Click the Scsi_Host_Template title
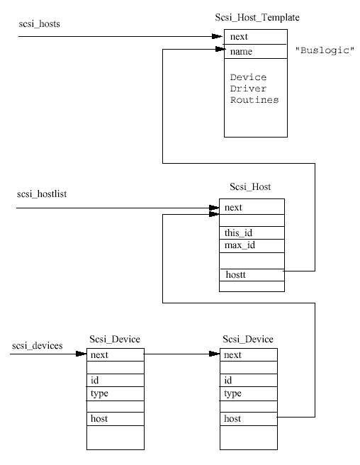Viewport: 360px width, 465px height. click(x=257, y=18)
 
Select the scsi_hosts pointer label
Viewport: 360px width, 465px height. click(x=40, y=23)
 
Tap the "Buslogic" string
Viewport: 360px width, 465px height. click(x=325, y=50)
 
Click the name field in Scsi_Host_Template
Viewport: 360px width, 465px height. click(x=241, y=52)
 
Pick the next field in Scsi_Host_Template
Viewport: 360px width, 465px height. click(x=239, y=36)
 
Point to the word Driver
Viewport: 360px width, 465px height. click(x=248, y=89)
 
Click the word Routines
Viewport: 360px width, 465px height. click(x=254, y=100)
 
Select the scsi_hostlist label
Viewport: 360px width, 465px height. click(x=42, y=194)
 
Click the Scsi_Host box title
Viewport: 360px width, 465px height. click(x=250, y=187)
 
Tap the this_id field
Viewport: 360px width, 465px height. click(x=238, y=232)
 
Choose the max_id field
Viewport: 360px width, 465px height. click(x=240, y=245)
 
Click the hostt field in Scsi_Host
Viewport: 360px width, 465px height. click(x=236, y=274)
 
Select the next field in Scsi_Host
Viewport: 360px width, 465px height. click(x=233, y=207)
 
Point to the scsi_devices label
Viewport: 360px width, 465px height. click(x=38, y=346)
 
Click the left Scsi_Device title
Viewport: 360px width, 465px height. click(x=115, y=339)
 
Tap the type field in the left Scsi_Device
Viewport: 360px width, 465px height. click(x=99, y=393)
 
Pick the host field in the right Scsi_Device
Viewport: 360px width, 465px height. click(x=232, y=418)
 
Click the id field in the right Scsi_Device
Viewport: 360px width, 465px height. click(x=227, y=380)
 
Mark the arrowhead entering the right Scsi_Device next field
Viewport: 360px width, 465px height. click(x=215, y=354)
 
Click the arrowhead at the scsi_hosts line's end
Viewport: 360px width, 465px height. click(x=218, y=36)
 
